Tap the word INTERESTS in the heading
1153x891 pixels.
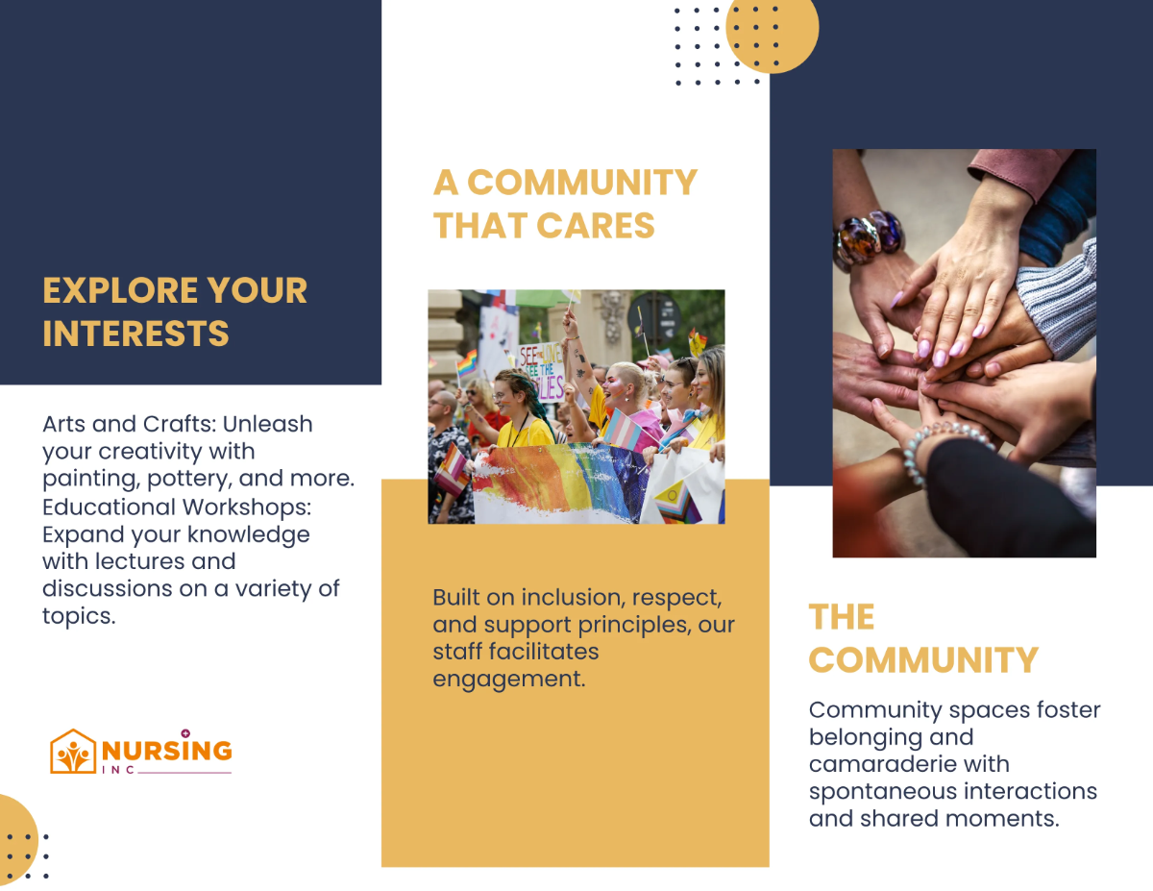coord(135,334)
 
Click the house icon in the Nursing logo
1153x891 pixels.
coord(73,752)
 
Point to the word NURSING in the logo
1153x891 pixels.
coord(166,750)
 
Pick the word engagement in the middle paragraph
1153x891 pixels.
coord(508,678)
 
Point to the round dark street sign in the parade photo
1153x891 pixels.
coord(654,314)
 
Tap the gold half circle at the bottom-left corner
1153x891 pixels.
coord(16,838)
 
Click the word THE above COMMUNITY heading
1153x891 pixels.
coord(842,617)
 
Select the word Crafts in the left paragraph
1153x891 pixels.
coord(168,424)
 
